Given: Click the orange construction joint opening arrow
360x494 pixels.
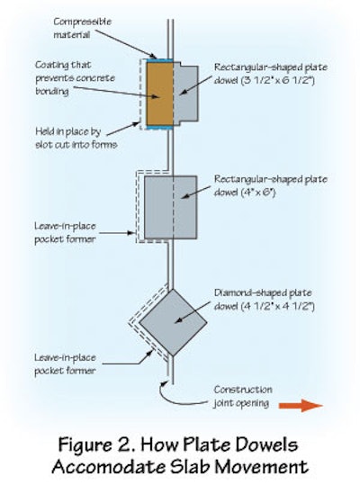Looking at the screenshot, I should [301, 406].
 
